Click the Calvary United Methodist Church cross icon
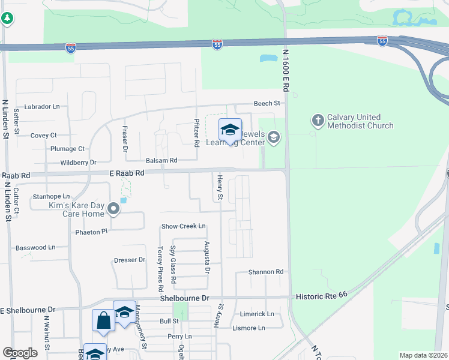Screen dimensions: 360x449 point(318,121)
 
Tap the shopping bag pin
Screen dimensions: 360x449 point(103,321)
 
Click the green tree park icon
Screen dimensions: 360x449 point(7,19)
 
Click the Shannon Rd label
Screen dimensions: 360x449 point(266,272)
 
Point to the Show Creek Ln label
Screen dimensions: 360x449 point(184,226)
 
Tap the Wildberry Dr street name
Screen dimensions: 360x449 point(78,163)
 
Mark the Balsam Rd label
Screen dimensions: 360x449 point(161,160)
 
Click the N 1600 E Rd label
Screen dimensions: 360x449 point(286,70)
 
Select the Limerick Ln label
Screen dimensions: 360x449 point(257,314)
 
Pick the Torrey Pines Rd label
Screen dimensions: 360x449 point(160,264)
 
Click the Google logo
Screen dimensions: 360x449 point(20,353)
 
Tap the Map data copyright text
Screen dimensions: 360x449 point(423,355)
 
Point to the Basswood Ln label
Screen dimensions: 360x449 point(35,247)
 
